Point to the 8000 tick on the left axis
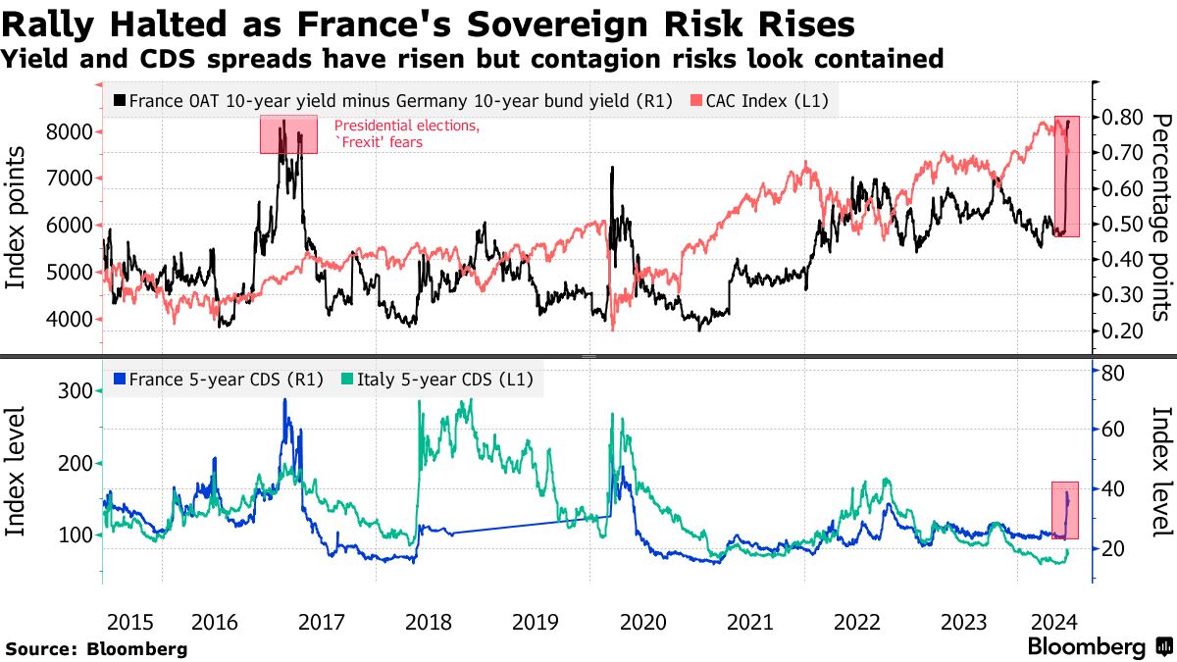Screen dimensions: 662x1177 tap(70, 131)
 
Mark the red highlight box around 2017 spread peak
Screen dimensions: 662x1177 tap(288, 134)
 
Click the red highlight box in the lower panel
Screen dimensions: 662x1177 tap(1065, 510)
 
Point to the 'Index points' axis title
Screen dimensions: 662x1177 tap(17, 218)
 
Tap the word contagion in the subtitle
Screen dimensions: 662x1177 tap(605, 59)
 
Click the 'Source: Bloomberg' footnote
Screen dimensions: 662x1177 tap(96, 648)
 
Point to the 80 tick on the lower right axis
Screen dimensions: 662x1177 tap(1112, 372)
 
